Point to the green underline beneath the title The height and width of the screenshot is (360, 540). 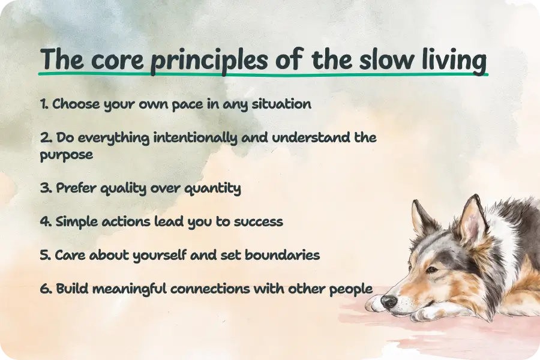coord(264,76)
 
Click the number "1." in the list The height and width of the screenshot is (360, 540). coord(44,104)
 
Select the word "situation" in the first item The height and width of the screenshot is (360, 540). coord(282,104)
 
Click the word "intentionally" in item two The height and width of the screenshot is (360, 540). coord(196,137)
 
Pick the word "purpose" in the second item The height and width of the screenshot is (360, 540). coord(66,155)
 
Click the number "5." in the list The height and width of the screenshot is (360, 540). coord(46,255)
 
